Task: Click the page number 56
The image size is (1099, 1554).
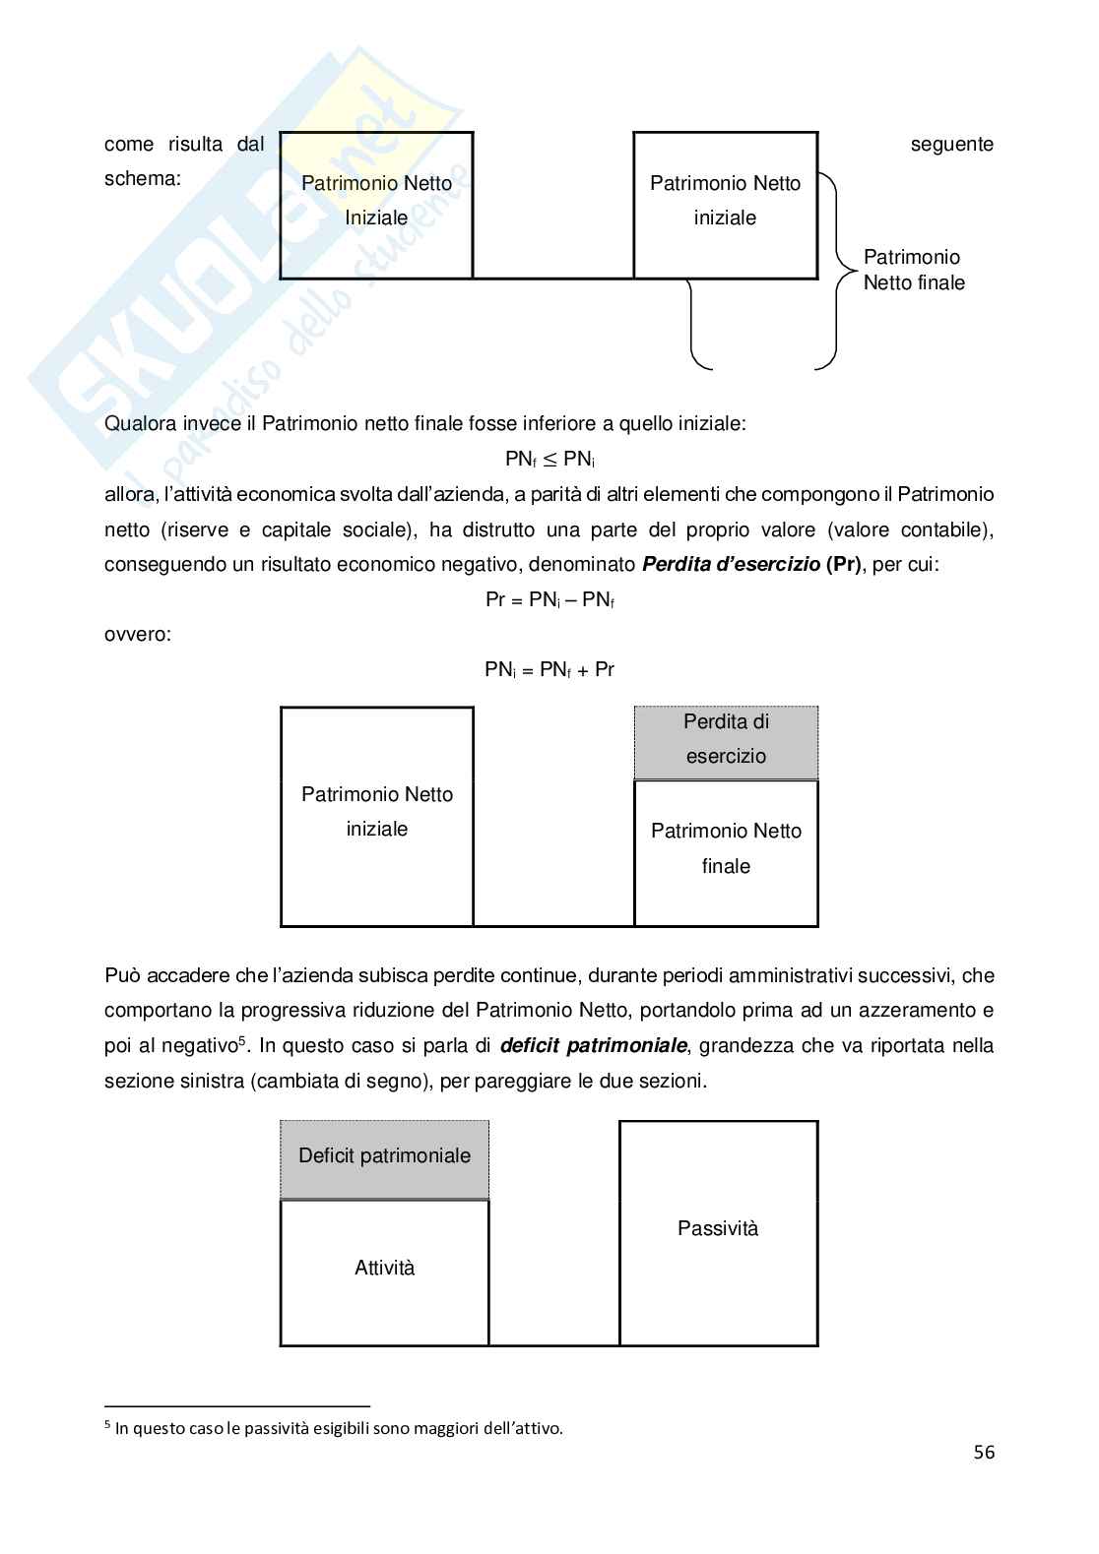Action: pyautogui.click(x=984, y=1452)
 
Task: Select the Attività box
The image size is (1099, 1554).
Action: pyautogui.click(x=384, y=1270)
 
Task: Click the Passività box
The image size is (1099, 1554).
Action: pyautogui.click(x=718, y=1230)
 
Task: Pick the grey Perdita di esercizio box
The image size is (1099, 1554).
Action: pyautogui.click(x=726, y=740)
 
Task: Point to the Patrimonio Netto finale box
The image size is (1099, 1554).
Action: pyautogui.click(x=726, y=851)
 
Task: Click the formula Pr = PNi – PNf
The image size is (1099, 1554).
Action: pyautogui.click(x=549, y=599)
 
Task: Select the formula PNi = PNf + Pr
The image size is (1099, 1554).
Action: pyautogui.click(x=549, y=670)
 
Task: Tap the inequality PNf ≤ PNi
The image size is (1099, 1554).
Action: pyautogui.click(x=549, y=459)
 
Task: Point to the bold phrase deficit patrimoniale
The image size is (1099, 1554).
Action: pyautogui.click(x=593, y=1045)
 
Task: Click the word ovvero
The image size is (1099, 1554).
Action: pyautogui.click(x=137, y=635)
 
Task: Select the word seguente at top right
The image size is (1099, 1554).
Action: pyautogui.click(x=951, y=145)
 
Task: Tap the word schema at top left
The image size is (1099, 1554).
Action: pyautogui.click(x=142, y=179)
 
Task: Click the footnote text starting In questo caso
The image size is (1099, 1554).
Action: pyautogui.click(x=339, y=1428)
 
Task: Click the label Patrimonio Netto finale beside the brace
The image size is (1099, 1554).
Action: pyautogui.click(x=913, y=270)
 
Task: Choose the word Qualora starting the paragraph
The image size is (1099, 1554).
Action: pyautogui.click(x=140, y=424)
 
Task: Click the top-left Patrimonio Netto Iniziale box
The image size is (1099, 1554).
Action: pyautogui.click(x=376, y=205)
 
